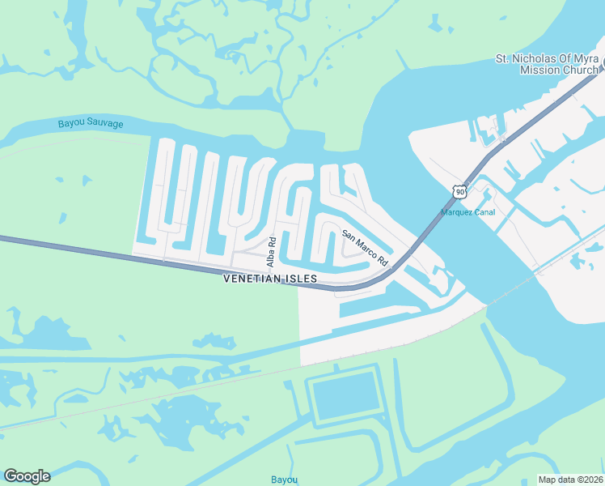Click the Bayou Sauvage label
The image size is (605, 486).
pos(91,124)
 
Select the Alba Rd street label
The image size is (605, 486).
pos(272,251)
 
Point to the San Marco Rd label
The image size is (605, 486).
pos(365,249)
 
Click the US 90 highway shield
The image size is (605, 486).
pos(459,191)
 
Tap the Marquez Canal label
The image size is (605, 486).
pos(467,213)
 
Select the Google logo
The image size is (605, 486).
pos(27,476)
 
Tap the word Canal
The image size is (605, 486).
pos(483,213)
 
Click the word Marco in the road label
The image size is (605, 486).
pos(365,249)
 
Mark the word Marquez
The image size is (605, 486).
pos(456,213)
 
